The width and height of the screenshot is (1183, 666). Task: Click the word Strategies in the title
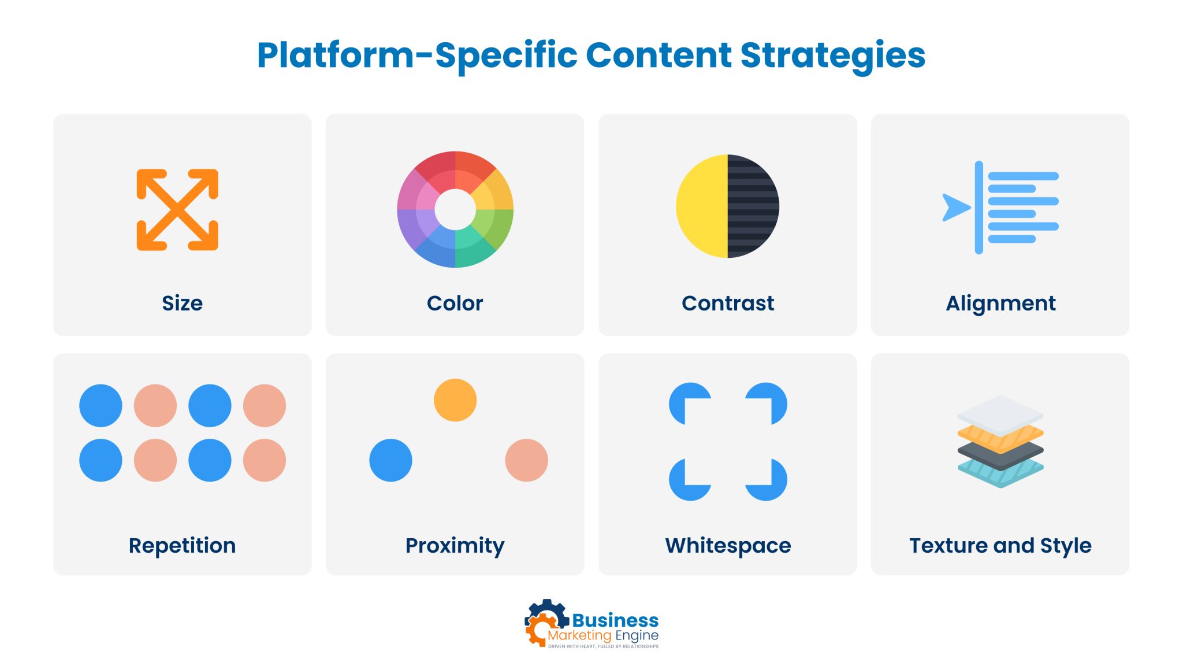(x=832, y=57)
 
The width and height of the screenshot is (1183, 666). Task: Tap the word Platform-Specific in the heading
(x=417, y=57)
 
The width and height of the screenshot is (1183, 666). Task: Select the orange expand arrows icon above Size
(x=177, y=210)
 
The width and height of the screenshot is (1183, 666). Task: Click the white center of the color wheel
(x=455, y=209)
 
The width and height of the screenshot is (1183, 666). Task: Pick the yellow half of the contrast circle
(x=702, y=206)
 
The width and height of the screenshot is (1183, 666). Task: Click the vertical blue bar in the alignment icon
(x=979, y=208)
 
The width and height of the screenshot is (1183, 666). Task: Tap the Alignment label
(x=1000, y=304)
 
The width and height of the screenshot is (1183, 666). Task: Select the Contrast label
(x=728, y=303)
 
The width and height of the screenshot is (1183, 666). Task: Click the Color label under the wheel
(x=455, y=303)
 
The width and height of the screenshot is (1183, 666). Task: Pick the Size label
(x=183, y=303)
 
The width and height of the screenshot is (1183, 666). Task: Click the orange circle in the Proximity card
(x=455, y=400)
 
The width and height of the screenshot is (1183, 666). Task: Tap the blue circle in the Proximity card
(x=391, y=460)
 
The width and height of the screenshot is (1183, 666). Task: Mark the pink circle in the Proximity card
(x=527, y=460)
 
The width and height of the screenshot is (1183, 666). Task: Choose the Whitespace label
(x=728, y=546)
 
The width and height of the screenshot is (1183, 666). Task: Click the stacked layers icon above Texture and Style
(x=1000, y=442)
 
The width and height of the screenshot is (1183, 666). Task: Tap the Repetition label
(x=183, y=546)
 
